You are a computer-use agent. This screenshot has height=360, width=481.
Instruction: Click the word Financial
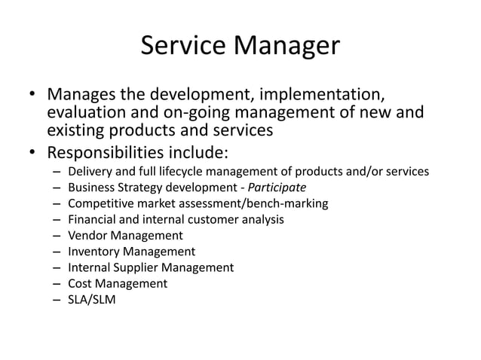coord(93,219)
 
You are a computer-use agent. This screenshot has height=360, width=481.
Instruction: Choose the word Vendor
coord(86,236)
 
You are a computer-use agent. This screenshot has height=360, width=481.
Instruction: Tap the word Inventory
coord(93,252)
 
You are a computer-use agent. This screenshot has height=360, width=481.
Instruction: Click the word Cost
coord(80,283)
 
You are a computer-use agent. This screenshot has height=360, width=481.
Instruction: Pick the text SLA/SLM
coord(90,299)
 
